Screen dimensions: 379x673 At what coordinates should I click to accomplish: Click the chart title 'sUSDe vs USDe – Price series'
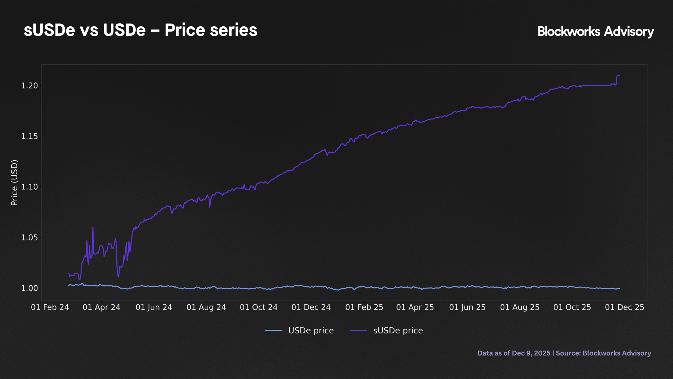pos(140,30)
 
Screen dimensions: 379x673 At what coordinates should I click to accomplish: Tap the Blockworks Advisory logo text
pos(596,32)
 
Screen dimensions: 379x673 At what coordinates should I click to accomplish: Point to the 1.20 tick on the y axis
pos(29,86)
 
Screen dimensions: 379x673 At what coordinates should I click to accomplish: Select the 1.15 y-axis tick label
pos(29,136)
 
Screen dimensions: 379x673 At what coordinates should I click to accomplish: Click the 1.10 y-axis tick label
pos(29,187)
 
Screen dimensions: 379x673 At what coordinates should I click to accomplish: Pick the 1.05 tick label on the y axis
pos(29,238)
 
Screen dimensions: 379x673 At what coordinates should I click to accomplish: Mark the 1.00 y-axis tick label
pos(29,288)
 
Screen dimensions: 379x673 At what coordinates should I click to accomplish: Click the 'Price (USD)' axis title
pos(14,182)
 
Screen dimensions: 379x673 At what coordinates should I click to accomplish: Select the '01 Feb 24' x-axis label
pos(50,307)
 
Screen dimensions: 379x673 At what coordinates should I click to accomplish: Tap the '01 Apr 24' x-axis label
pos(101,307)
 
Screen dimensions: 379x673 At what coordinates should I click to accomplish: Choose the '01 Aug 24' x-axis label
pos(206,307)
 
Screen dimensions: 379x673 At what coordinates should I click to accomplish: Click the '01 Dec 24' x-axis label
pos(311,307)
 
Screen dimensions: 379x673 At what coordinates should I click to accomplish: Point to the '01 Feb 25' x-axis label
pos(364,307)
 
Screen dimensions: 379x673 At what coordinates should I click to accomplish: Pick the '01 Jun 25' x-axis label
pos(467,307)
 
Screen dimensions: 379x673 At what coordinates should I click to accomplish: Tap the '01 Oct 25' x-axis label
pos(572,307)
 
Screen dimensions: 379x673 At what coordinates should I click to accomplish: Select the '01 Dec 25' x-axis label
pos(624,307)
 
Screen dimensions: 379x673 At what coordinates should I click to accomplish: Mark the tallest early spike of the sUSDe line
pos(93,227)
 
